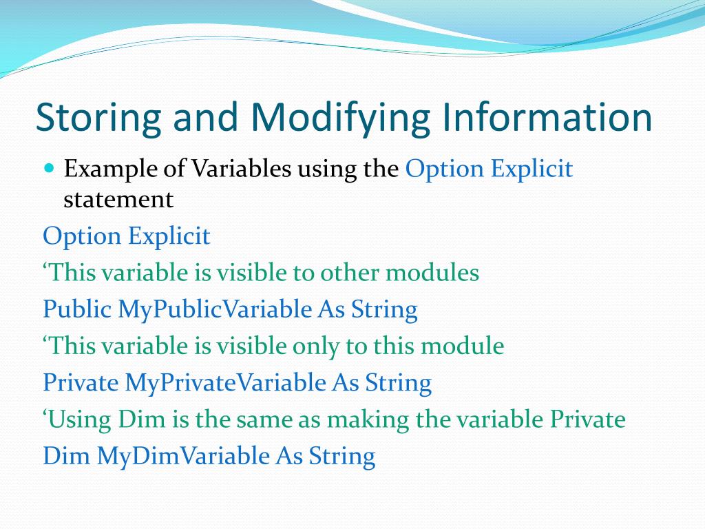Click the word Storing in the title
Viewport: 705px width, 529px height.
[98, 117]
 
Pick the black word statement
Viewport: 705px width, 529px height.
[118, 200]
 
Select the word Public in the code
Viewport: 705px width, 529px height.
[77, 309]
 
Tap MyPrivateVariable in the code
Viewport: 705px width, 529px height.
[225, 384]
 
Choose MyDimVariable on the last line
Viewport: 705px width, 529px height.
[183, 457]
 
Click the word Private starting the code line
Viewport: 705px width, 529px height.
[81, 383]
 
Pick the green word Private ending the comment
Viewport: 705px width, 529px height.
[588, 419]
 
